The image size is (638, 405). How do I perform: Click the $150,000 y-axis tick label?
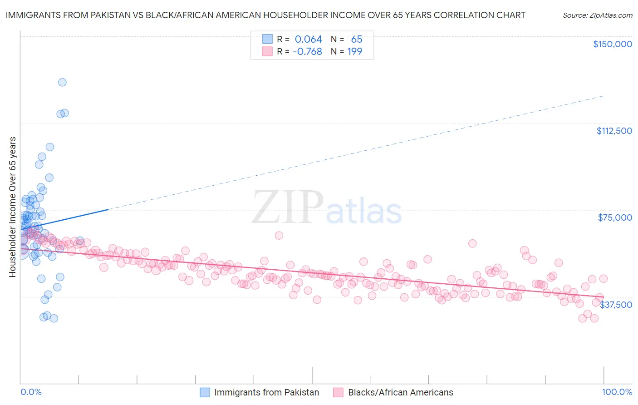pos(612,44)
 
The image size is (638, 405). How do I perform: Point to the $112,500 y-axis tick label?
pos(614,131)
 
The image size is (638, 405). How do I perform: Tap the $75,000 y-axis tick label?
pos(615,217)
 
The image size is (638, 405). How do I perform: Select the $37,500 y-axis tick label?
pos(616,304)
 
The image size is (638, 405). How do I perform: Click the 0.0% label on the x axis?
pos(31,392)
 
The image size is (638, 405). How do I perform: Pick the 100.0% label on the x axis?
pos(617,392)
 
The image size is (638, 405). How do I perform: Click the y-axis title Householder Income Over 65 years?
pos(13,207)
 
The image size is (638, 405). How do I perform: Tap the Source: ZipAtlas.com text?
pos(597,15)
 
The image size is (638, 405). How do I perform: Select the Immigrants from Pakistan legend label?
pos(266,392)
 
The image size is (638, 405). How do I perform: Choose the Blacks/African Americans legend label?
pos(400,392)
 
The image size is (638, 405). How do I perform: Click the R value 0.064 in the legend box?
pos(308,39)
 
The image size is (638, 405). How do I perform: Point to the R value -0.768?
pos(307,51)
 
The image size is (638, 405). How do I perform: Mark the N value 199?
pos(354,51)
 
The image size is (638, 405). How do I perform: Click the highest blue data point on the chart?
pos(62,82)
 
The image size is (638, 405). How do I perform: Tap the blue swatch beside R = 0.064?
pos(267,39)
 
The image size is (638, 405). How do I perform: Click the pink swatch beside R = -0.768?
pos(267,51)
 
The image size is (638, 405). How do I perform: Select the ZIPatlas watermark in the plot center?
pos(327,207)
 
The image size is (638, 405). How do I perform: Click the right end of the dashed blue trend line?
pos(604,96)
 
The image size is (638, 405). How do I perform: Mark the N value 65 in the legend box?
pos(357,39)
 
